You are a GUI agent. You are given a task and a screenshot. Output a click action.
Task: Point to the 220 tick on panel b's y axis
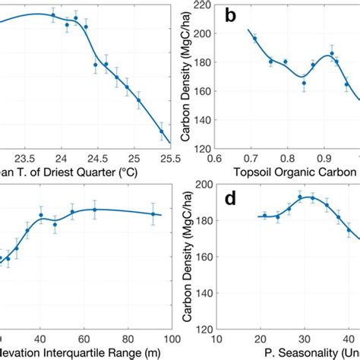point(203,5)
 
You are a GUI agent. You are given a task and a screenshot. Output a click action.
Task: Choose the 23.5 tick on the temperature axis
point(27,159)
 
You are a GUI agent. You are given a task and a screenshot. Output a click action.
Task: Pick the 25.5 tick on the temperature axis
point(171,159)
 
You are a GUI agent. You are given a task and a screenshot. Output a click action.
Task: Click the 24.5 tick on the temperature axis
point(99,159)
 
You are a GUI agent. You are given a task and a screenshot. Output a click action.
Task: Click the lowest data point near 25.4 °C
point(162,131)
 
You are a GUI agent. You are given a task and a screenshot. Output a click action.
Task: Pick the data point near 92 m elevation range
point(154,214)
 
